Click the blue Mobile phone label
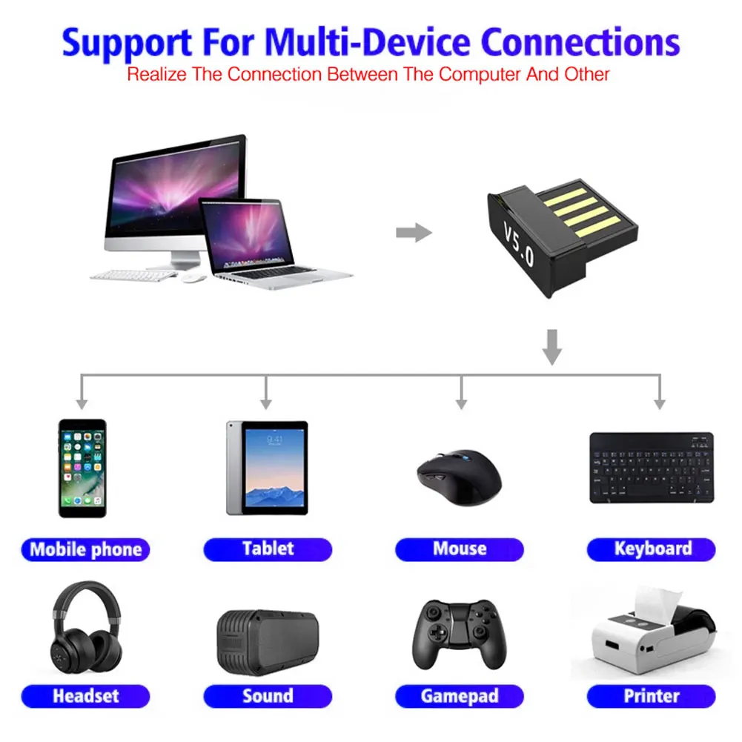(85, 549)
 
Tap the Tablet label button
(268, 549)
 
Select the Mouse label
(460, 549)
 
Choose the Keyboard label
(652, 549)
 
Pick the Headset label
(85, 696)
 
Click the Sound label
(268, 696)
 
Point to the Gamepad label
(460, 696)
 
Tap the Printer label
(652, 696)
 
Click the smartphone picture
(82, 468)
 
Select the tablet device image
(267, 468)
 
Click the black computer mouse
(459, 477)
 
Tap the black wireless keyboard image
(652, 468)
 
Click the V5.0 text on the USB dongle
(519, 245)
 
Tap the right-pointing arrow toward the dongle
(414, 233)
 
